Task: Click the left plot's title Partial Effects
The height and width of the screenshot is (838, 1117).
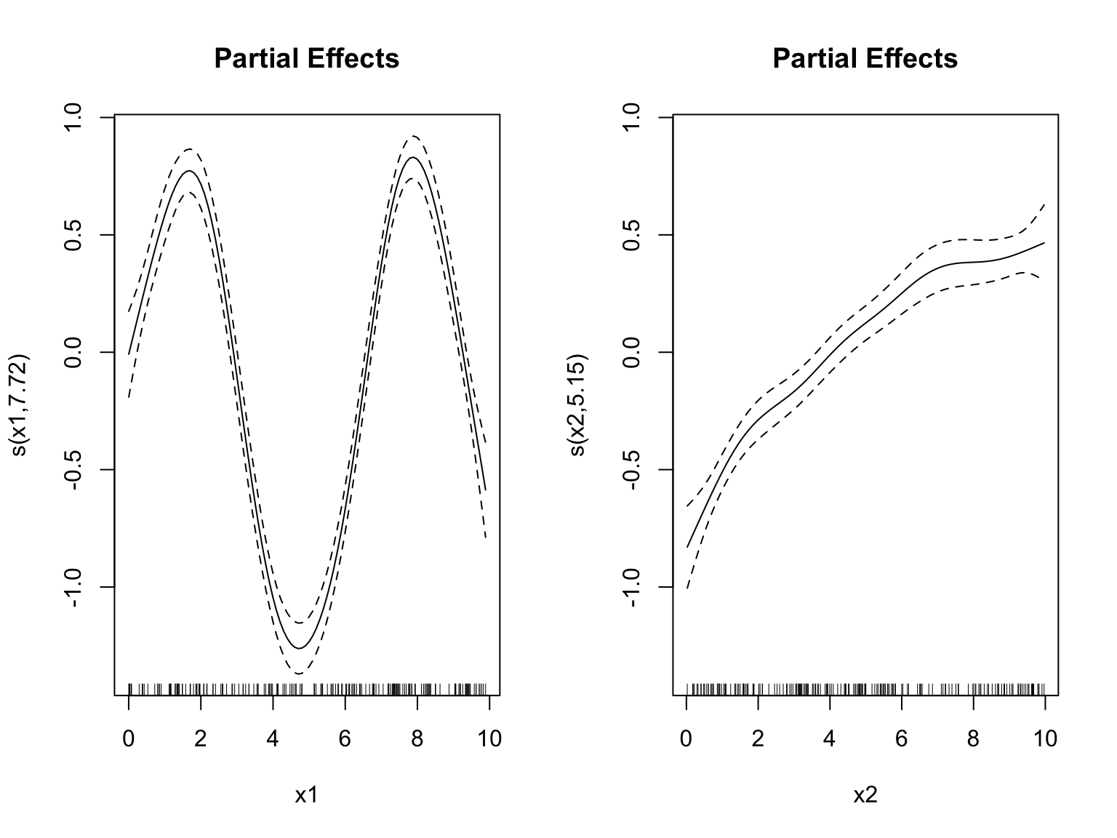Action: (x=306, y=58)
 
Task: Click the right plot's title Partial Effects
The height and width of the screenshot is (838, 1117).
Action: (x=865, y=58)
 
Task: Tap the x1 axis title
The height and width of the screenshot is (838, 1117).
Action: (x=306, y=795)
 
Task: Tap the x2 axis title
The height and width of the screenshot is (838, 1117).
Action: (x=865, y=795)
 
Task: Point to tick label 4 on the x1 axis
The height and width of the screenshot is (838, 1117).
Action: (x=273, y=739)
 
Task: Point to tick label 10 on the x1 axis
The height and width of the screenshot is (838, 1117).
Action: (x=489, y=739)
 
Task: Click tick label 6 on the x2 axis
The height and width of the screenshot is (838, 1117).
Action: (x=902, y=739)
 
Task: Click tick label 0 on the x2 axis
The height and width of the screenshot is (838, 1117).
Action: (x=686, y=739)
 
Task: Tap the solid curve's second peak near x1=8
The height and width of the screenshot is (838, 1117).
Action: (x=412, y=157)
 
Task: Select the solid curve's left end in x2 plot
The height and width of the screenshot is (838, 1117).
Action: (x=687, y=546)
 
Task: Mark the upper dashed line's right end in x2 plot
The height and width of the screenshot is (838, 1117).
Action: (x=1045, y=204)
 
